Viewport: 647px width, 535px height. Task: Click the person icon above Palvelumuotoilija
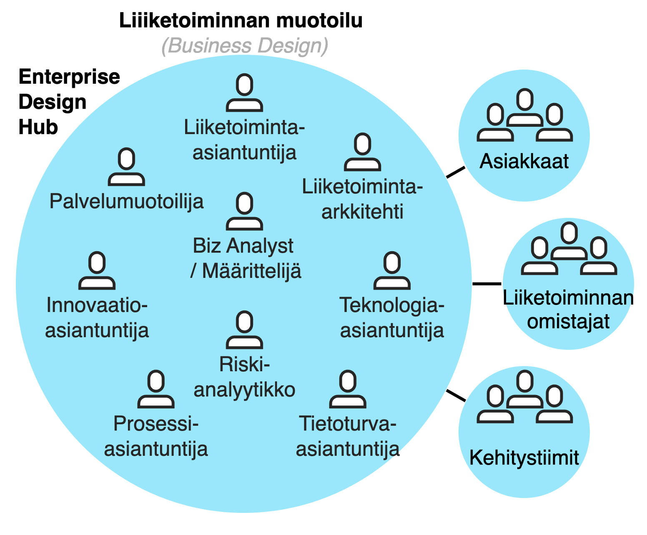(x=126, y=167)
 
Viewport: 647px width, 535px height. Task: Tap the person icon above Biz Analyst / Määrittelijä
(x=245, y=212)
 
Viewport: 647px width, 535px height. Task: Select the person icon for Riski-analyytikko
(x=245, y=330)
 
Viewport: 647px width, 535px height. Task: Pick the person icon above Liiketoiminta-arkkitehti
(x=362, y=152)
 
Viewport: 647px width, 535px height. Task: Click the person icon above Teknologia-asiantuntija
(x=392, y=271)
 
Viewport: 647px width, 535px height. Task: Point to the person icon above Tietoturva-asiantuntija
(x=348, y=389)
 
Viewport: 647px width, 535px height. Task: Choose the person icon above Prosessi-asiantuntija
(x=156, y=389)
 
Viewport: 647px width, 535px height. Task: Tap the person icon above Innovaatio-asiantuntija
(x=97, y=271)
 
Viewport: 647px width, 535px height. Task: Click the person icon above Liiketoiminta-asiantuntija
(x=245, y=93)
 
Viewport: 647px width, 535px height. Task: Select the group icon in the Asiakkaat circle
(x=524, y=115)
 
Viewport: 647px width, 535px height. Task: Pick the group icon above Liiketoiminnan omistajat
(x=569, y=249)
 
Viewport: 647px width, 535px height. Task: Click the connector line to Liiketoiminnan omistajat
(x=487, y=284)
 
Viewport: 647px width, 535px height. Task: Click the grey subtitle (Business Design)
(x=245, y=46)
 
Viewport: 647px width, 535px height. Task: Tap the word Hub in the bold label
(x=38, y=127)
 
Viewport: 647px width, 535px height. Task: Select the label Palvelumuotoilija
(x=126, y=202)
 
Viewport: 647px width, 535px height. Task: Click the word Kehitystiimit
(x=524, y=458)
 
